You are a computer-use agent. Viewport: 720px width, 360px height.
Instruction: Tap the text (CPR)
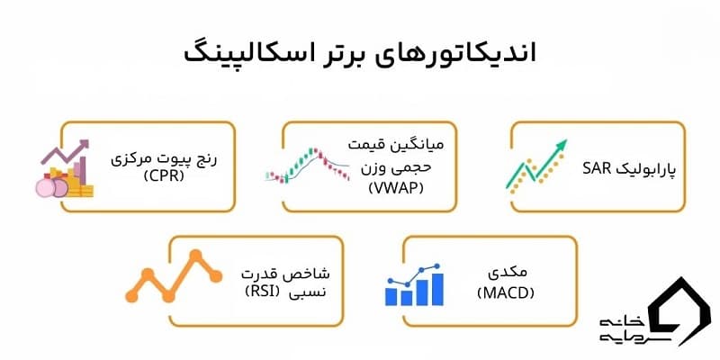(x=169, y=175)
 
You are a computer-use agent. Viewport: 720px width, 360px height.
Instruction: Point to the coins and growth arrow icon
(x=62, y=168)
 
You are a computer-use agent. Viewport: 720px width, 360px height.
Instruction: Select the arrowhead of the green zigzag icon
(x=563, y=144)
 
